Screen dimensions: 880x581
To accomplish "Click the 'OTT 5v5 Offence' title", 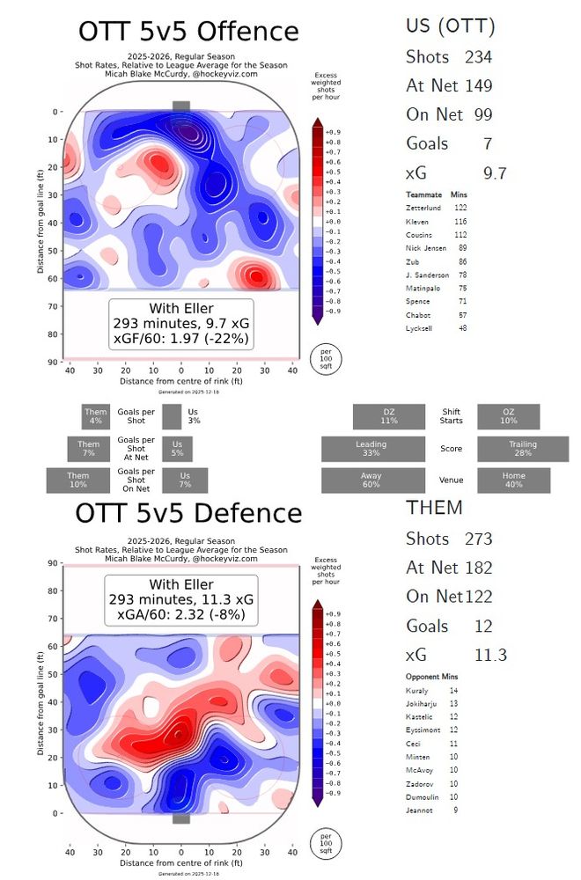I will [188, 32].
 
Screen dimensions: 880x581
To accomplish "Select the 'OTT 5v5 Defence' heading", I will [188, 513].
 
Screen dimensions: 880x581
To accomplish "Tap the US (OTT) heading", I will [451, 26].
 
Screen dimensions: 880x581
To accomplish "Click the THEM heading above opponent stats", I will [434, 508].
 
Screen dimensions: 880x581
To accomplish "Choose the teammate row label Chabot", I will [417, 314].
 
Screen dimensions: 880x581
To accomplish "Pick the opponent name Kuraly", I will [416, 691].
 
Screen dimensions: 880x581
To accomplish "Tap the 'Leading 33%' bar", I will [371, 449].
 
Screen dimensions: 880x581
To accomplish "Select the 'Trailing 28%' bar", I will [522, 449].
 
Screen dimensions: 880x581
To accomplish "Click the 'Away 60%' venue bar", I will [371, 480].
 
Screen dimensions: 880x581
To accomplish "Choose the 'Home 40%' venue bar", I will [513, 480].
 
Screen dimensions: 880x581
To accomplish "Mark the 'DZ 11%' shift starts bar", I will [389, 416].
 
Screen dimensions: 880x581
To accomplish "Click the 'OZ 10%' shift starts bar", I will [508, 416].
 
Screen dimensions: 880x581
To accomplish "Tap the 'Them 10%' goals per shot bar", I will [78, 480].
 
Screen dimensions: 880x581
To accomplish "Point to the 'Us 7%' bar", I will [184, 480].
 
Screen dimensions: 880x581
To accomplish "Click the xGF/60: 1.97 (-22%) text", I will [181, 338].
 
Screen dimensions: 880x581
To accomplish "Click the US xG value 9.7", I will [495, 173].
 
